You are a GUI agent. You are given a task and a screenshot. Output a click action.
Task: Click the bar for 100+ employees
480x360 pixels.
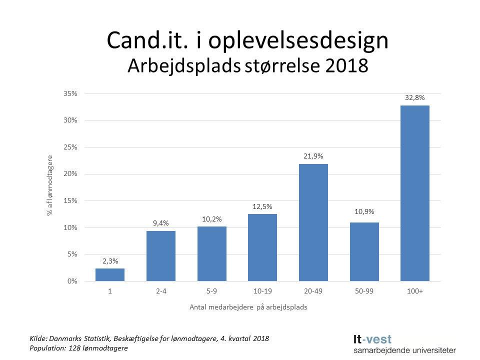click(x=414, y=193)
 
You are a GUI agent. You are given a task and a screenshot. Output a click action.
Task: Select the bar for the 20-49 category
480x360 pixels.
click(x=313, y=222)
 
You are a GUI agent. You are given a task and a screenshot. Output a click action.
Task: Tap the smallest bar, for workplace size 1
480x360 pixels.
click(x=109, y=275)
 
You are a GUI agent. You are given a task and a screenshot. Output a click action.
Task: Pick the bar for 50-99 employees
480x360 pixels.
click(x=364, y=252)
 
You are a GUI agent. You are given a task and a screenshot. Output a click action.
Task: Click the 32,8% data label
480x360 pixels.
click(x=414, y=97)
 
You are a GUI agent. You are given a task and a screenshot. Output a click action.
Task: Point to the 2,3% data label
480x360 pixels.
click(x=109, y=260)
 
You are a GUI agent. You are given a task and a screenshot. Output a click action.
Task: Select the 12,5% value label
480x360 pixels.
click(x=262, y=206)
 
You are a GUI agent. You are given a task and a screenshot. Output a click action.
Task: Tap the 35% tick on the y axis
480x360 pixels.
click(x=70, y=93)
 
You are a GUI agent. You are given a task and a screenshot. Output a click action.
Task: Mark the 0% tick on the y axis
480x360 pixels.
click(x=72, y=281)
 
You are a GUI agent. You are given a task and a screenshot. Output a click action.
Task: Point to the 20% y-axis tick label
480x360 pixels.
click(x=70, y=174)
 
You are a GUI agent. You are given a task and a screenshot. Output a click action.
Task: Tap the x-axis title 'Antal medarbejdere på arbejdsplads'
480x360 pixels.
click(x=248, y=307)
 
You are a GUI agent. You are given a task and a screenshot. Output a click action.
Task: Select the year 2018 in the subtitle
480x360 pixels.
click(x=345, y=66)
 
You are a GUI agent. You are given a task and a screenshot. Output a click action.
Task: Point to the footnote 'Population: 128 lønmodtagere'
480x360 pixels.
click(x=79, y=348)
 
